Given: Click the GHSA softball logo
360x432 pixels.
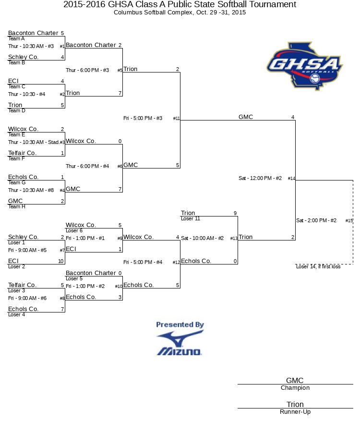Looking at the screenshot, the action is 305,66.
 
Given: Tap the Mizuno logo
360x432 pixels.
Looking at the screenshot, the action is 180,343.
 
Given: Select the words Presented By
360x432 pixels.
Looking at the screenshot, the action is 180,324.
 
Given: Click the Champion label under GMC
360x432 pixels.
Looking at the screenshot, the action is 295,388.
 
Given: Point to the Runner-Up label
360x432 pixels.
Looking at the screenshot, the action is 295,412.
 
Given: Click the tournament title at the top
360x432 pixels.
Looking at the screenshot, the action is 180,4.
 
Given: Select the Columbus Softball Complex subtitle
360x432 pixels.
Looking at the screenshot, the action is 180,12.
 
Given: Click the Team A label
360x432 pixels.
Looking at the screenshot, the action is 16,38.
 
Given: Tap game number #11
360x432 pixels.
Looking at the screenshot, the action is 176,119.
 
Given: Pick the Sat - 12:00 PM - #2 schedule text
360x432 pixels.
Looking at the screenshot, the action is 260,178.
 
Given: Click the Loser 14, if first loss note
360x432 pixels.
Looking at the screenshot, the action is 318,266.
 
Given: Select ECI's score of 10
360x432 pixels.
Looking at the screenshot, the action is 61,261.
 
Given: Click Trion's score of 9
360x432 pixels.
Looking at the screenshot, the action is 235,213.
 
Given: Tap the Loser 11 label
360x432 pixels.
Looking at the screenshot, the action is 191,218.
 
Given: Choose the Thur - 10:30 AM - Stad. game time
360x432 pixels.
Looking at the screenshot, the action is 34,142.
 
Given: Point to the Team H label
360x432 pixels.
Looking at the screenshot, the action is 16,206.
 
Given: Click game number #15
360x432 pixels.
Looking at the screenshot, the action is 349,221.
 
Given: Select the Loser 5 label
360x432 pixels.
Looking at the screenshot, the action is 74,278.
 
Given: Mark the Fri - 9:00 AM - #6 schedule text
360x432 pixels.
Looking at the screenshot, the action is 27,298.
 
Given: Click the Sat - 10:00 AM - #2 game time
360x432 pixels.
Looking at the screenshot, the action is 202,238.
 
